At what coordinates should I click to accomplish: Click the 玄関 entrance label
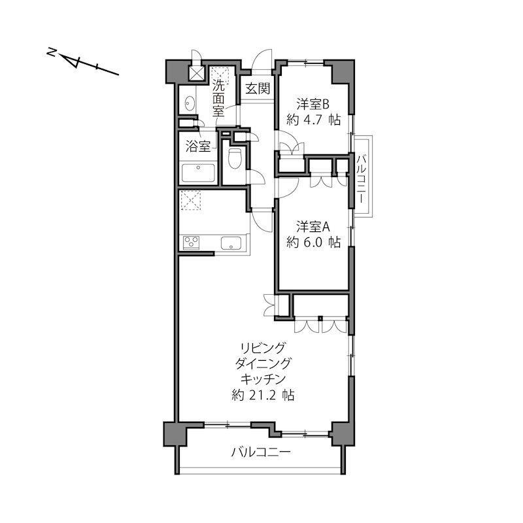click(258, 89)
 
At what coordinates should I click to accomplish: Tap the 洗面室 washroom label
click(219, 99)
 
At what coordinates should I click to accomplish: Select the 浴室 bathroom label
click(198, 146)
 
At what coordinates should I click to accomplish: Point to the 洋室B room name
click(313, 105)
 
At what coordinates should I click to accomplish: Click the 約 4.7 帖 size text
click(314, 120)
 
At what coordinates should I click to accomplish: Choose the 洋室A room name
click(313, 227)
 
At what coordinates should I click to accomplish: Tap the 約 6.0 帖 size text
click(314, 242)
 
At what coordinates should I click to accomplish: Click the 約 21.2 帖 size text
click(263, 395)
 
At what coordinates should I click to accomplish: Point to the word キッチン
click(263, 379)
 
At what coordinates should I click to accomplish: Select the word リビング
click(263, 348)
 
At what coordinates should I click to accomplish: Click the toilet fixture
click(235, 158)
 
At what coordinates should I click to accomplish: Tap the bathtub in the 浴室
click(198, 173)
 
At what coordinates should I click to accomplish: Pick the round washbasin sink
click(190, 103)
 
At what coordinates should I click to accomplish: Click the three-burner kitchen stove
click(191, 243)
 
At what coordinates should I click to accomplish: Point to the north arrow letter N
click(52, 52)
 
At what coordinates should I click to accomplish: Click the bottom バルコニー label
click(261, 452)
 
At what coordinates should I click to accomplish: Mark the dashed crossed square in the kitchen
click(191, 200)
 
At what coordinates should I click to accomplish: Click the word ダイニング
click(263, 363)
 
